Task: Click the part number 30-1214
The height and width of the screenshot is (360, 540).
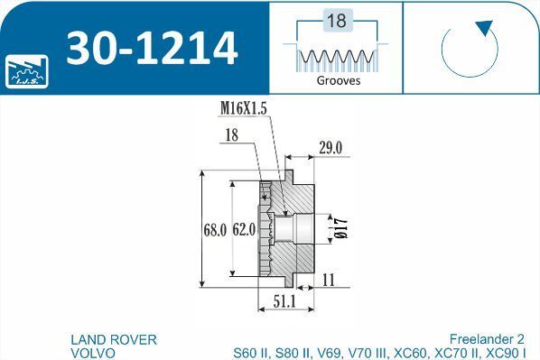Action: pos(152,48)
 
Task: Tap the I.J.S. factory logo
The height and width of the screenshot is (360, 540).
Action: pos(27,71)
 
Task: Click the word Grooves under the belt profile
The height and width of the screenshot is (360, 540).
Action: pos(339,80)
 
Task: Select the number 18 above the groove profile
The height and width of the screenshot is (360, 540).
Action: pos(337,21)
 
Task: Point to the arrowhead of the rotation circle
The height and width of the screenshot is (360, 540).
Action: pos(485,28)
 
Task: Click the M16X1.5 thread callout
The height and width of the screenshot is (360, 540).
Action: pos(244,108)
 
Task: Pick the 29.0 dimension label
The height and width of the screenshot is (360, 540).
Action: pos(331,148)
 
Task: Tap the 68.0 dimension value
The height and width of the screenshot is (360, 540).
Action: pos(215,230)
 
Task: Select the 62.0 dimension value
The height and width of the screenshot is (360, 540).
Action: pos(244,229)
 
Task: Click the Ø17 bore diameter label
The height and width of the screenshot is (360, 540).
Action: pos(341,228)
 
